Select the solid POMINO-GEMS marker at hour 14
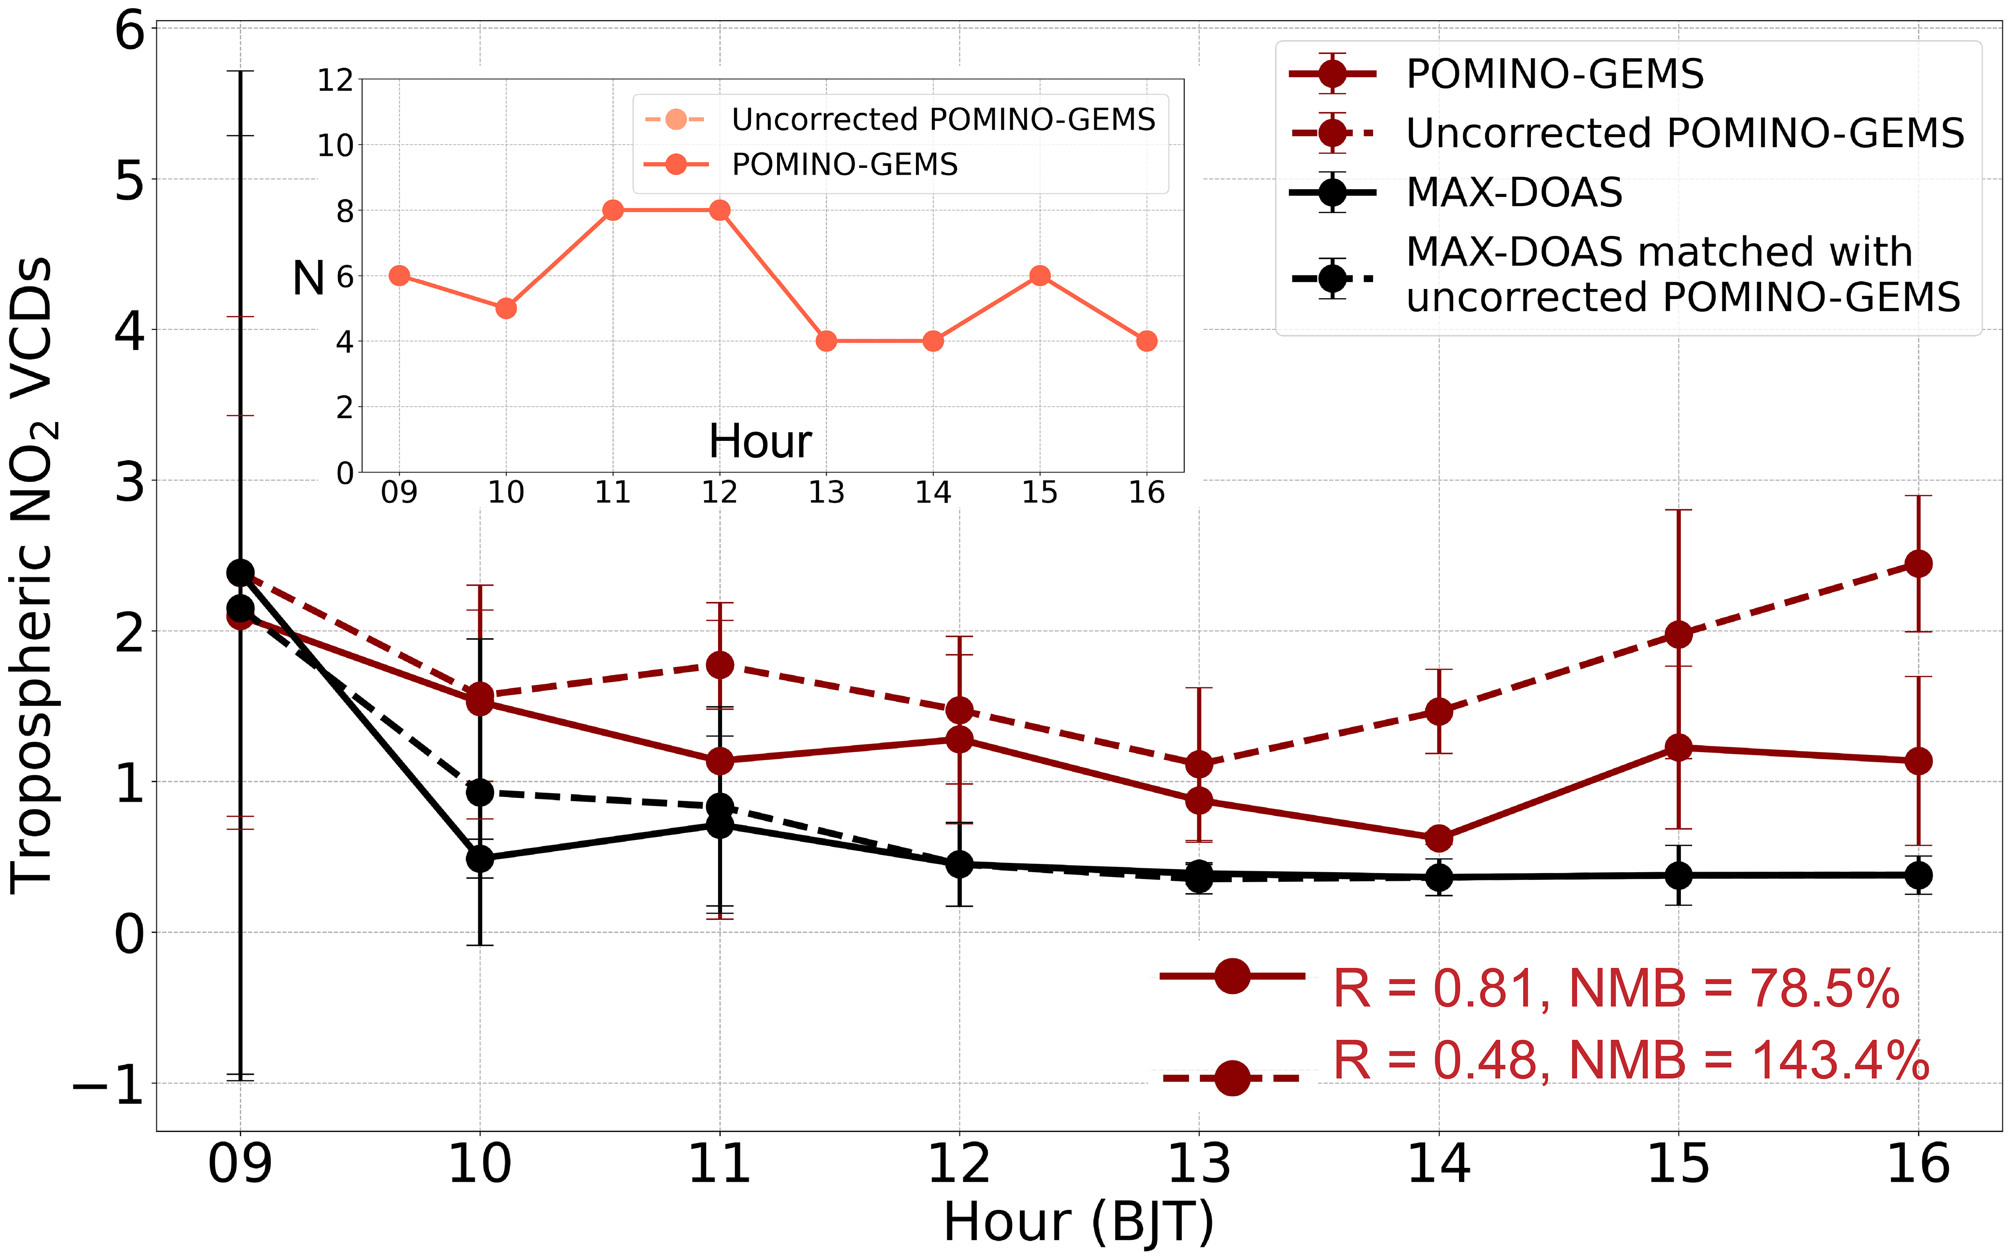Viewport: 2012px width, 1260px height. tap(1439, 838)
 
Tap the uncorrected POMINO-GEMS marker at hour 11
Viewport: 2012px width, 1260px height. tap(719, 664)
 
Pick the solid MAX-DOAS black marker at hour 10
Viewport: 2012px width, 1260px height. tap(479, 858)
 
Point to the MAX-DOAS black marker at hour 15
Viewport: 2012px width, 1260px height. tap(1679, 875)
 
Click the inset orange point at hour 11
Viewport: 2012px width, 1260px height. tap(612, 210)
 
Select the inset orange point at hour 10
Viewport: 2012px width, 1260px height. tap(506, 308)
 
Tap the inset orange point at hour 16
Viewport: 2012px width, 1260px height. tap(1147, 341)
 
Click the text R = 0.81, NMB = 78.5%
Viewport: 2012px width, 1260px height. tap(1615, 989)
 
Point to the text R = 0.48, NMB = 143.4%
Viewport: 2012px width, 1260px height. tap(1630, 1061)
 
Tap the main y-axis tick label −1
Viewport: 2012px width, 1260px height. tap(109, 1085)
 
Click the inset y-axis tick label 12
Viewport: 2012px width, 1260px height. tap(335, 81)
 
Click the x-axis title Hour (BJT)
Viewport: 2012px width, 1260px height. tap(1079, 1222)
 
